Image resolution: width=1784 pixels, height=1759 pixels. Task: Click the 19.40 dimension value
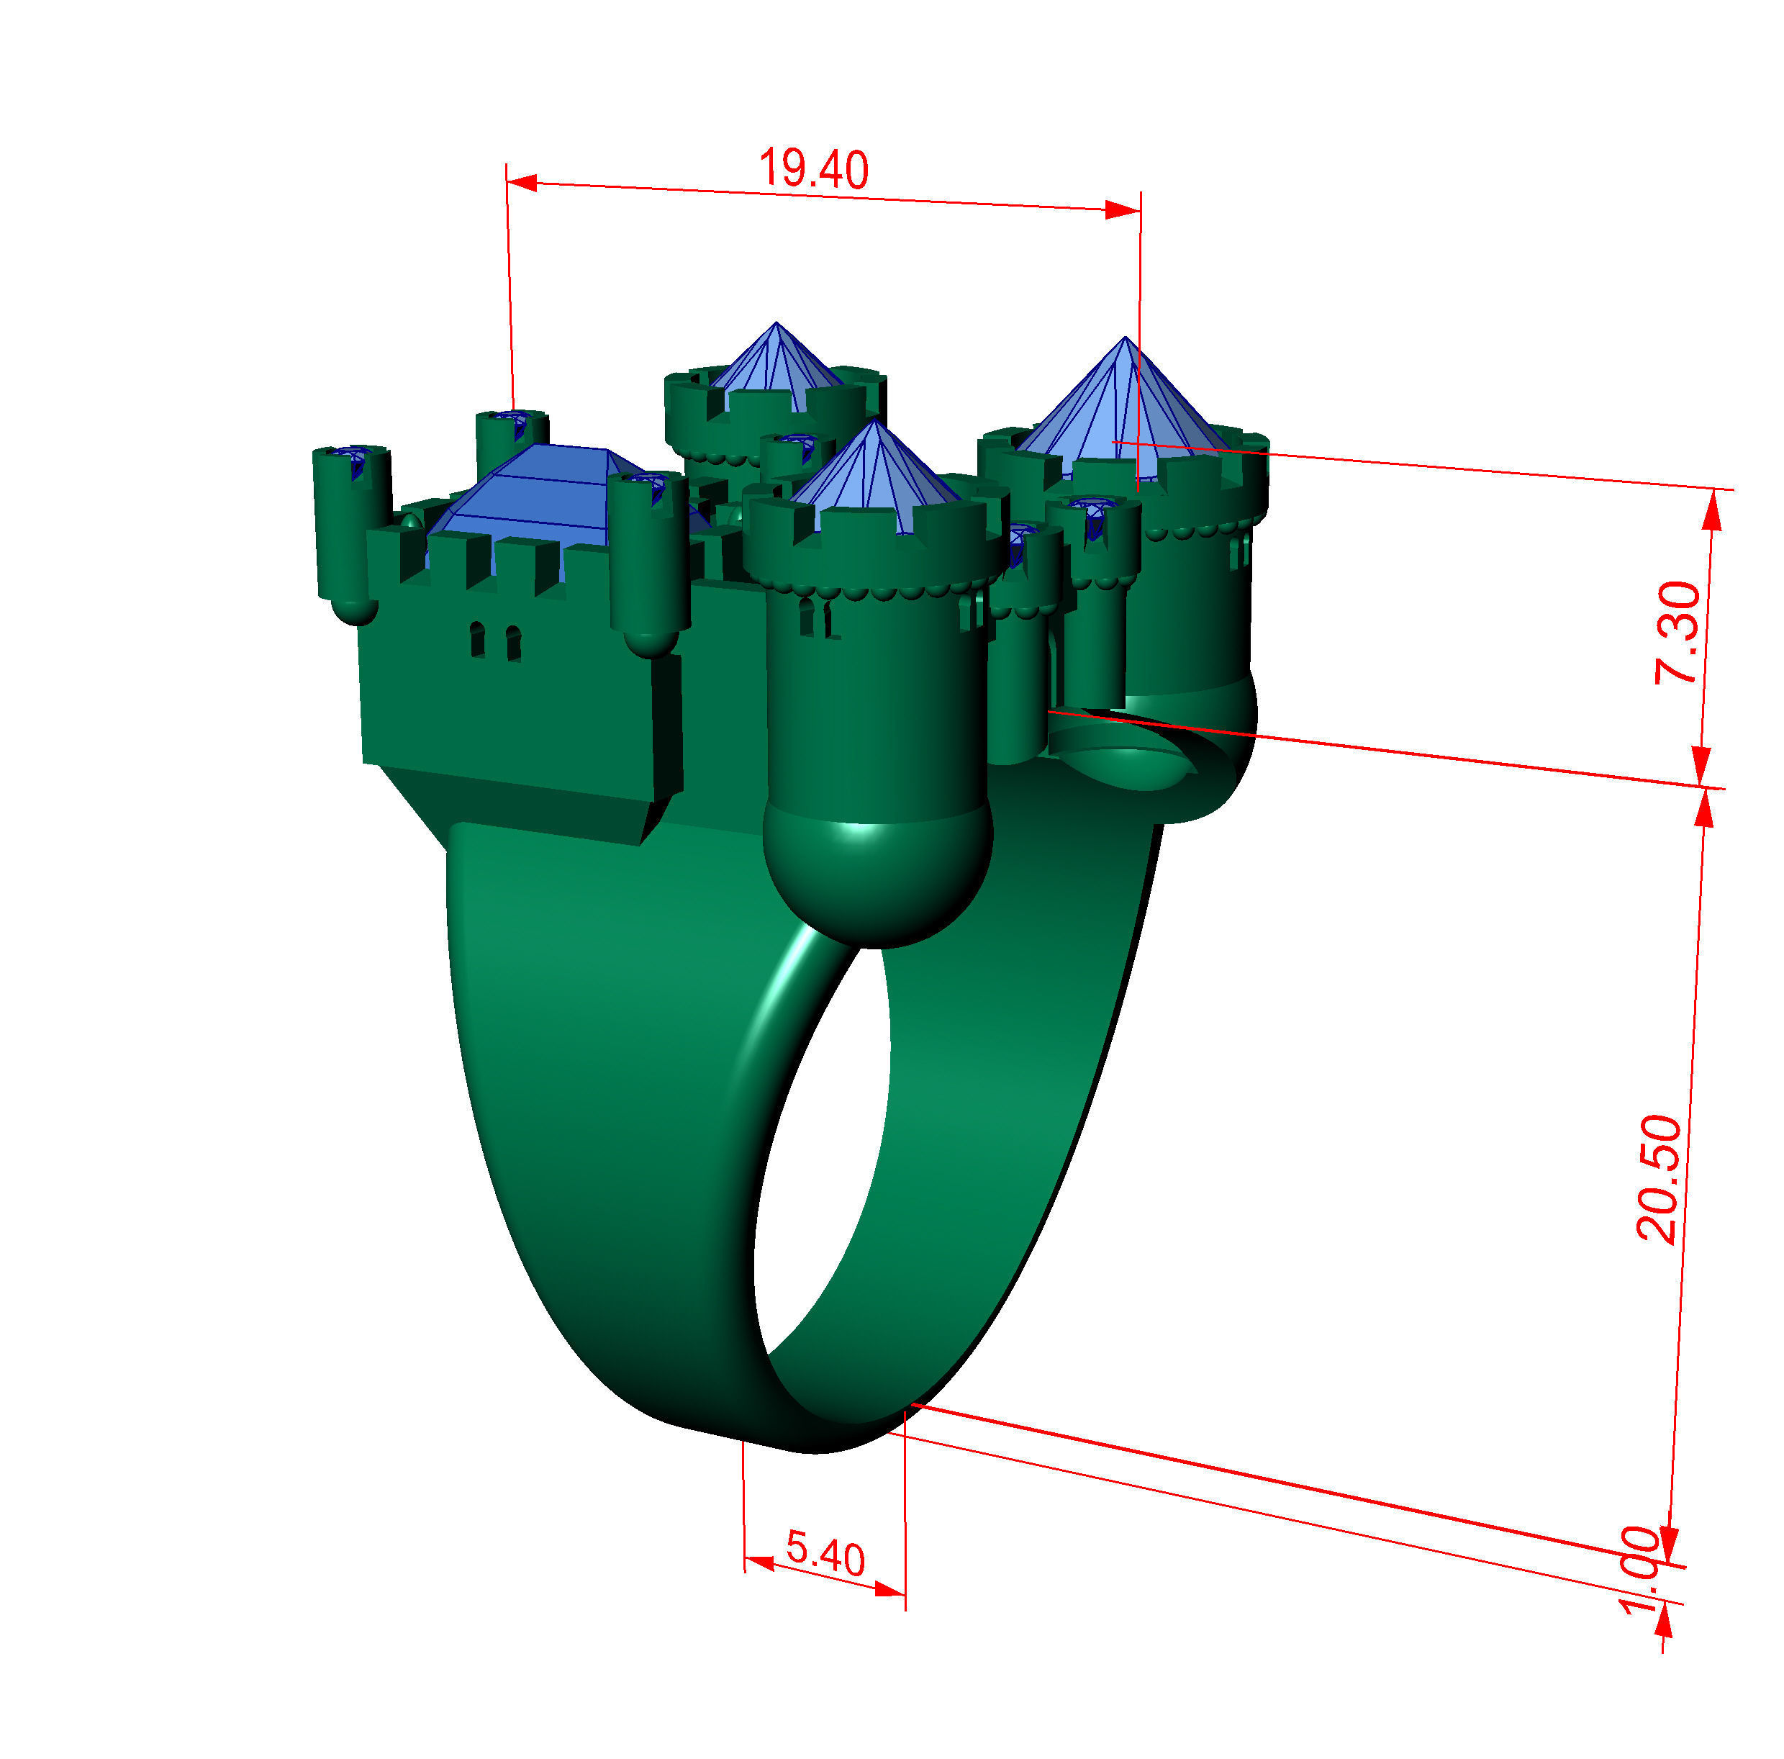(x=812, y=169)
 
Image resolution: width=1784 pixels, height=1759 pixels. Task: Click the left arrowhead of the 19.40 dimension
(x=522, y=183)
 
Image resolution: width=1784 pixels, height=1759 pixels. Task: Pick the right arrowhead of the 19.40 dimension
(x=1123, y=211)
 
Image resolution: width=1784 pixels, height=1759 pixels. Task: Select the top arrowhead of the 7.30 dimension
(x=1712, y=509)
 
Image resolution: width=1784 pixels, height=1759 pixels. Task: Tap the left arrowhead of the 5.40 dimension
(x=759, y=1561)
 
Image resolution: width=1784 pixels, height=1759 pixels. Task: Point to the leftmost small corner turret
(x=352, y=526)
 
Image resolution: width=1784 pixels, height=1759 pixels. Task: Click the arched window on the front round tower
(x=806, y=617)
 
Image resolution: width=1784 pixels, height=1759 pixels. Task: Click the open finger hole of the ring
(x=822, y=1154)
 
